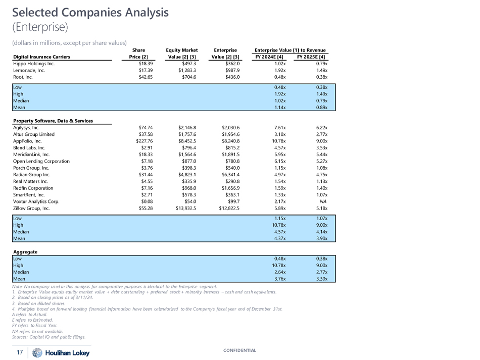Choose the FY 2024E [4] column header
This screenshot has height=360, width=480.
pos(270,57)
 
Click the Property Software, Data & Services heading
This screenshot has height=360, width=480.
pos(53,121)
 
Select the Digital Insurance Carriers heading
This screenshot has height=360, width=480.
pos(41,57)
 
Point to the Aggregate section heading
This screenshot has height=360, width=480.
pos(25,251)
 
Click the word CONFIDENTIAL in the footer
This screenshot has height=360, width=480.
pos(240,350)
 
